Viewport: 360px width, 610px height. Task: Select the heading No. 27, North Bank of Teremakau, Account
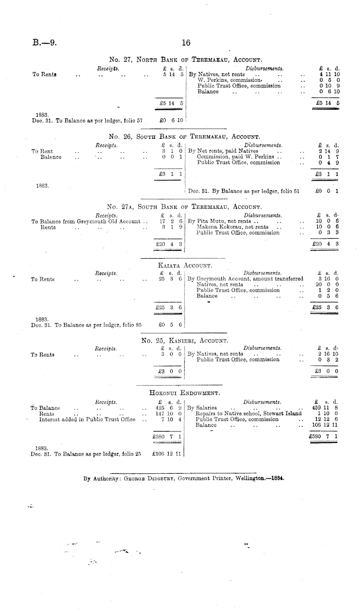(x=186, y=60)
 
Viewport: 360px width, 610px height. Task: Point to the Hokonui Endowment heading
(x=184, y=393)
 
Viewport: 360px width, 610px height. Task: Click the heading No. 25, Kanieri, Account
(x=185, y=340)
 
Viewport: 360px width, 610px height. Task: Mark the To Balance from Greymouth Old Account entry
(x=86, y=221)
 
